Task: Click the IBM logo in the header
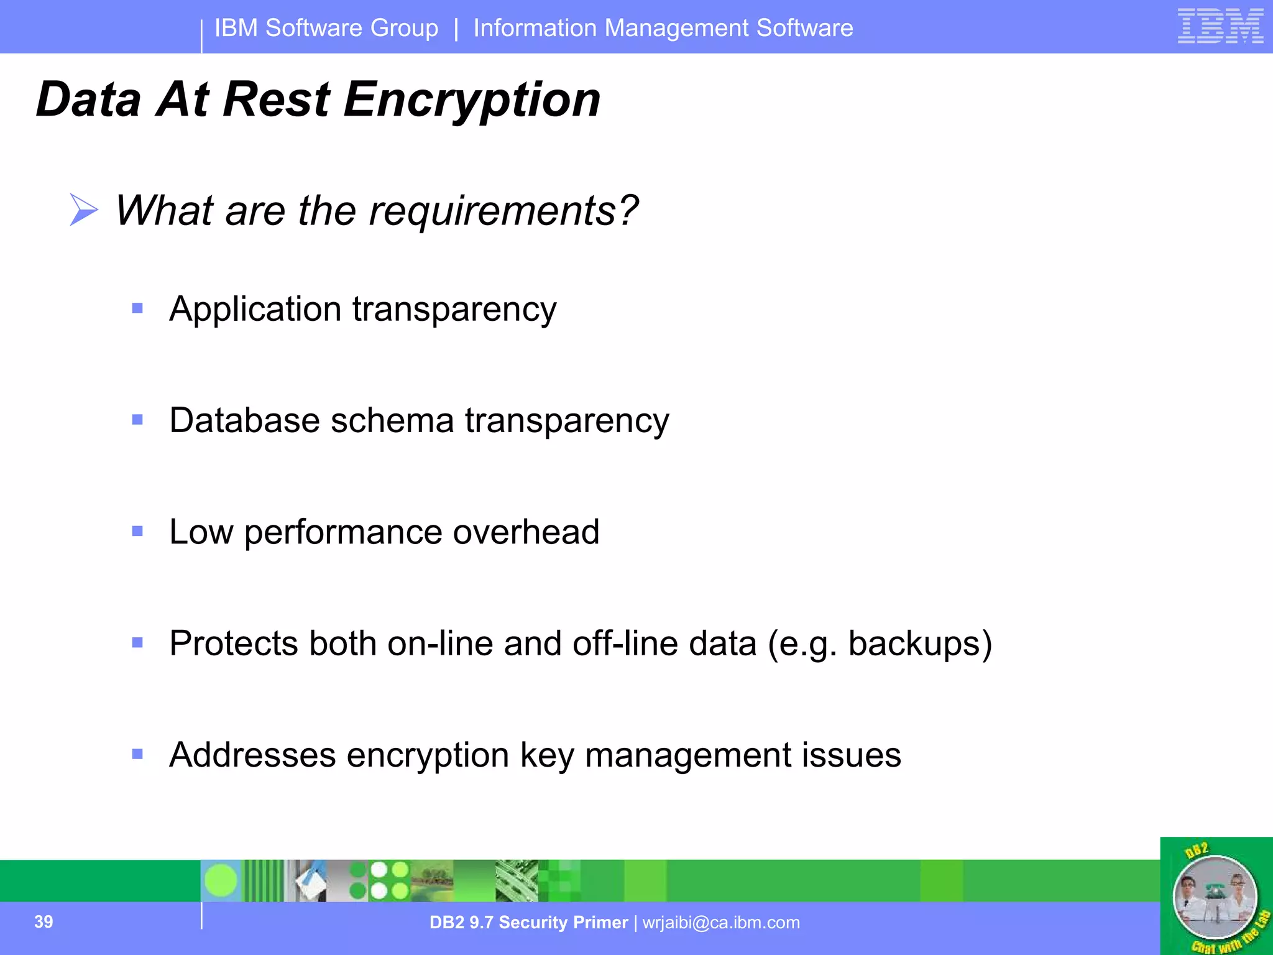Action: pos(1220,26)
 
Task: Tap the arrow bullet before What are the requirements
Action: pos(84,210)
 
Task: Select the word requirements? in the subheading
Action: pos(503,211)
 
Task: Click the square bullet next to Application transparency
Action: pos(137,308)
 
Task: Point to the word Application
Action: pos(255,309)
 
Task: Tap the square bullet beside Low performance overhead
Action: pos(137,531)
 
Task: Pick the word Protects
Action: pos(234,644)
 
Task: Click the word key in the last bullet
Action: pos(547,755)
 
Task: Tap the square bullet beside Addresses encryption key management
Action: pos(137,754)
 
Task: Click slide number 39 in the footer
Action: pos(44,921)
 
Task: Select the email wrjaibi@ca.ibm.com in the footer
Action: pos(721,923)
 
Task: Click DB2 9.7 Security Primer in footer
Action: pos(528,923)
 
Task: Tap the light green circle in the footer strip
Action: pos(221,880)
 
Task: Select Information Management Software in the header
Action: pos(663,28)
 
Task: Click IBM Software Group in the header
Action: pos(326,28)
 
